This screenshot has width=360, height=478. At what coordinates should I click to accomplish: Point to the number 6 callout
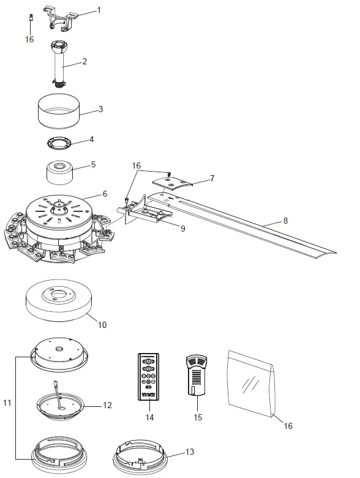point(105,193)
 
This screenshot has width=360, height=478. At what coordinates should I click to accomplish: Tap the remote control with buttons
point(148,375)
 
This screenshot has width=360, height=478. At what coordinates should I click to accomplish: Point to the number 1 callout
point(100,10)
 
